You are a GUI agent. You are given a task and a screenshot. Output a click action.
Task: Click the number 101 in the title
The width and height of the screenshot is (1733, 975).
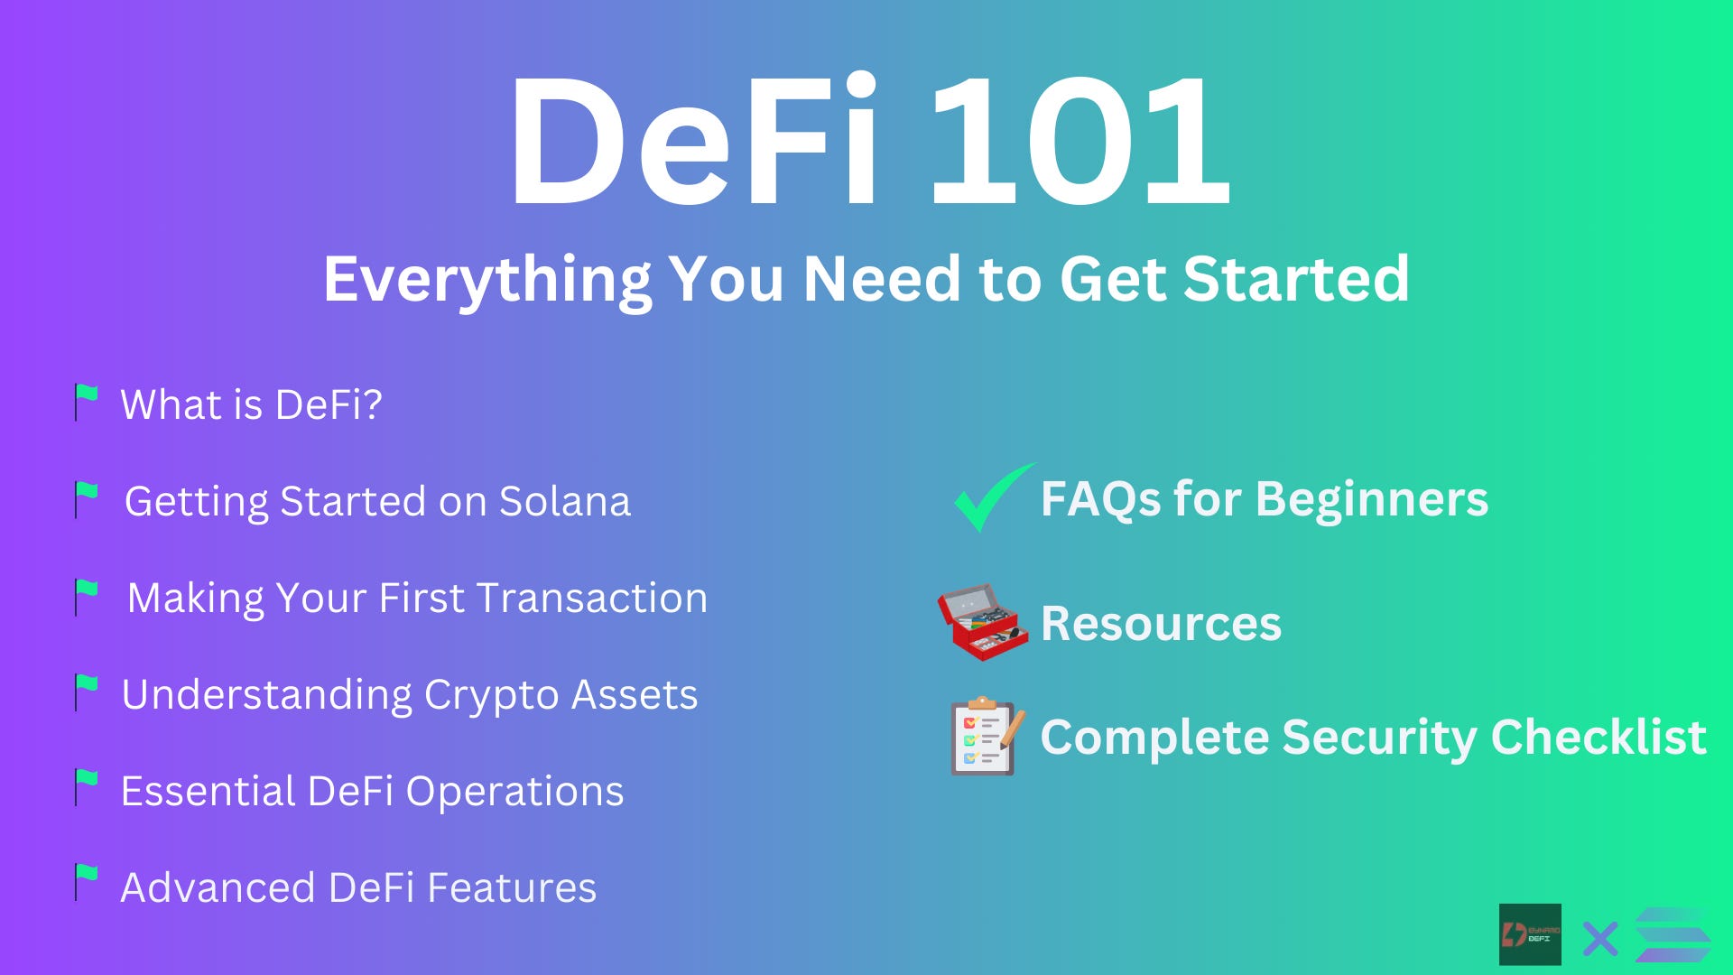(x=1079, y=142)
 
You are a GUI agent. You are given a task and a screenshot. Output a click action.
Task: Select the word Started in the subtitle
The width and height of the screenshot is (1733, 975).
(x=1296, y=279)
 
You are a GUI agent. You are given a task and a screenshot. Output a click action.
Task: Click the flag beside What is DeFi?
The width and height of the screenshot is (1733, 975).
(x=87, y=403)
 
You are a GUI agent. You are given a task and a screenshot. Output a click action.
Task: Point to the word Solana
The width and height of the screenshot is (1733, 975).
(x=565, y=502)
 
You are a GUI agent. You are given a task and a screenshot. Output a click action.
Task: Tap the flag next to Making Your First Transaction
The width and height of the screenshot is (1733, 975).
(x=87, y=597)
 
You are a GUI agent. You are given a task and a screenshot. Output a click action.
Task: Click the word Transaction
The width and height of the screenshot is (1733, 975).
(x=592, y=599)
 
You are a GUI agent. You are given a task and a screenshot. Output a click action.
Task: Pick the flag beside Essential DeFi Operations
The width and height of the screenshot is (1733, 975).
(x=87, y=788)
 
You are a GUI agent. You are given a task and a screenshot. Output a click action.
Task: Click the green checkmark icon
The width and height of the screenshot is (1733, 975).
(x=991, y=497)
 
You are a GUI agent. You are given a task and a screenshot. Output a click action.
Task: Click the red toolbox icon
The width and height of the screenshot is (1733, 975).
(x=982, y=622)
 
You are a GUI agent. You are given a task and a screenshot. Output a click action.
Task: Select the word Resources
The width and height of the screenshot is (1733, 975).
(x=1161, y=624)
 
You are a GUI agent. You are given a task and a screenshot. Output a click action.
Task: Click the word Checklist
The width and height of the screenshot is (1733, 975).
(x=1599, y=738)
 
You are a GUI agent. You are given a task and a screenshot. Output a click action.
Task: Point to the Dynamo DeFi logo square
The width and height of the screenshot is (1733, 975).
(x=1530, y=934)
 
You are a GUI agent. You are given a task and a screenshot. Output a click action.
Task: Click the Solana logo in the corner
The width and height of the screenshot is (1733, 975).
(x=1673, y=936)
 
